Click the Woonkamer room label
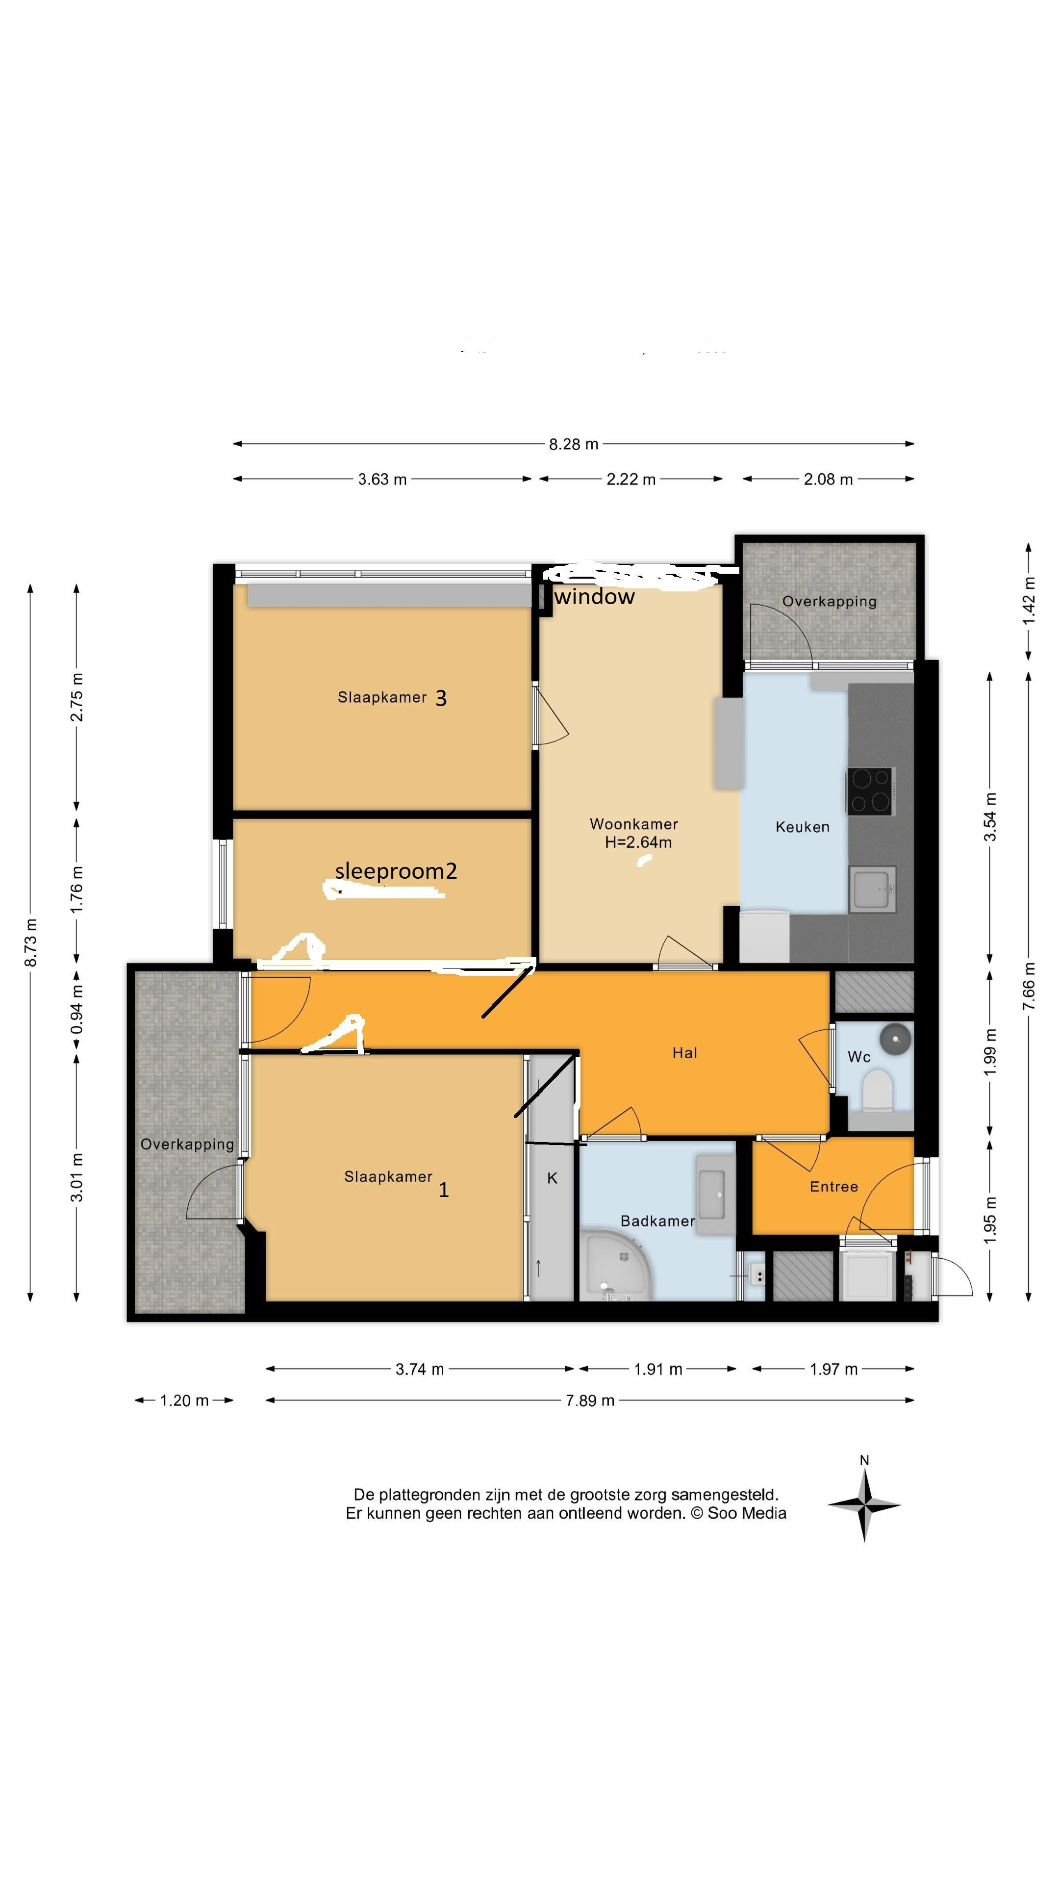pos(633,824)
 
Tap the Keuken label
pos(802,827)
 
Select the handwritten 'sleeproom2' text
pos(395,870)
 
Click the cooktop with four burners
pos(870,791)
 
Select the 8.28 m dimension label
pos(573,444)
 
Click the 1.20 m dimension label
pos(184,1400)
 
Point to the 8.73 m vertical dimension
pos(31,943)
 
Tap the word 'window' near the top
pos(594,597)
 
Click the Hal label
pos(684,1053)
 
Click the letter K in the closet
pos(552,1177)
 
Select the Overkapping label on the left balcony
pos(187,1144)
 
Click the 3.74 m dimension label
pos(420,1369)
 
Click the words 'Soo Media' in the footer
pos(746,1514)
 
